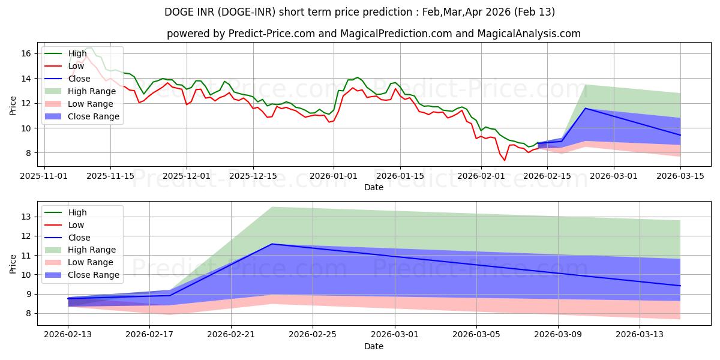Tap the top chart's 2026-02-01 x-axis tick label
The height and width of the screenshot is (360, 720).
[480, 176]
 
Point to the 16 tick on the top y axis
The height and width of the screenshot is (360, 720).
[26, 53]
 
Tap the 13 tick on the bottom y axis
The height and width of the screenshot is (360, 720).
[26, 217]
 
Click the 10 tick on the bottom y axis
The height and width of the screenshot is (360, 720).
[26, 275]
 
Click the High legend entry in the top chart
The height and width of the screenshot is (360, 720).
[77, 53]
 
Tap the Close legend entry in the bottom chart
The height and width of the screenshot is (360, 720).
[79, 238]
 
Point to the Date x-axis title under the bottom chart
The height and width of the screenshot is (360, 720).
[374, 346]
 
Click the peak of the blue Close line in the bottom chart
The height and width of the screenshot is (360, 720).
[272, 244]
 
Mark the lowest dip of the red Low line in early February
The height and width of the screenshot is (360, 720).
[505, 160]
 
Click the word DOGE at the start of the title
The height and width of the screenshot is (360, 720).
[178, 12]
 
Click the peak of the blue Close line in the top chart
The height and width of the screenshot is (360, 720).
[586, 108]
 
